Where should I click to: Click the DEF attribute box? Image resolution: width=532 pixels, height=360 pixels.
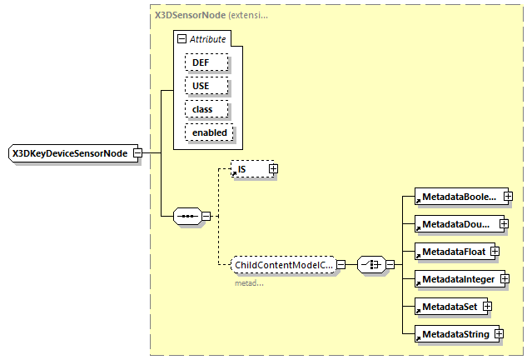pos(201,62)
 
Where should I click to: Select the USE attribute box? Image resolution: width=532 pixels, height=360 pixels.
pos(201,86)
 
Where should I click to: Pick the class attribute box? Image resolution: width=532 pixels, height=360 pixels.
pos(201,109)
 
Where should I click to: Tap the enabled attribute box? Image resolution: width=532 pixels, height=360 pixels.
pos(208,132)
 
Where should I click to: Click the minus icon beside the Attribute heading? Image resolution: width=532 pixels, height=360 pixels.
pos(181,39)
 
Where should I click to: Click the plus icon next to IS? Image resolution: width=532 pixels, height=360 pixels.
pos(272,169)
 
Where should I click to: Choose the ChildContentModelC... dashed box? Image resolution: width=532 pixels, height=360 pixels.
pos(282,265)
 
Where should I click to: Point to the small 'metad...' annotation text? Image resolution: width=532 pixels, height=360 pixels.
pos(250,283)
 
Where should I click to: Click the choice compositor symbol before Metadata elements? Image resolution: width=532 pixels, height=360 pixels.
pos(370,265)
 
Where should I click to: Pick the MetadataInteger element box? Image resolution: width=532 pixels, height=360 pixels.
pos(458,278)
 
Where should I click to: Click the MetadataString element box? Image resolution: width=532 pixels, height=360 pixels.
pos(454,334)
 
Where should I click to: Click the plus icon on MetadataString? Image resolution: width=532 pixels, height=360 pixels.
pos(499,334)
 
